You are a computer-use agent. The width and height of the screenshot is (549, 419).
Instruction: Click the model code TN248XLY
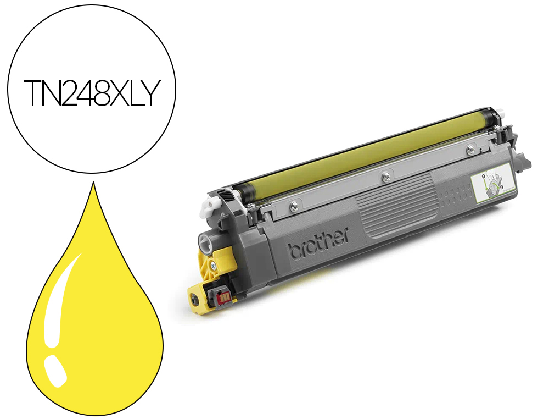pyautogui.click(x=91, y=92)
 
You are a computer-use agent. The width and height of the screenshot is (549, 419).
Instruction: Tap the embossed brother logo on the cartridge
pyautogui.click(x=318, y=244)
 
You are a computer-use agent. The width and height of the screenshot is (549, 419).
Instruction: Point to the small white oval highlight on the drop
pyautogui.click(x=55, y=371)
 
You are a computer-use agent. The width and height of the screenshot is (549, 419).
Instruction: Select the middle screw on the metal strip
pyautogui.click(x=386, y=177)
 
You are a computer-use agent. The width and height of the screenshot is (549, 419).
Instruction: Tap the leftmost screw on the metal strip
pyautogui.click(x=294, y=207)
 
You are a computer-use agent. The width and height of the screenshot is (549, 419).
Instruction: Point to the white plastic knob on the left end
pyautogui.click(x=209, y=206)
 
